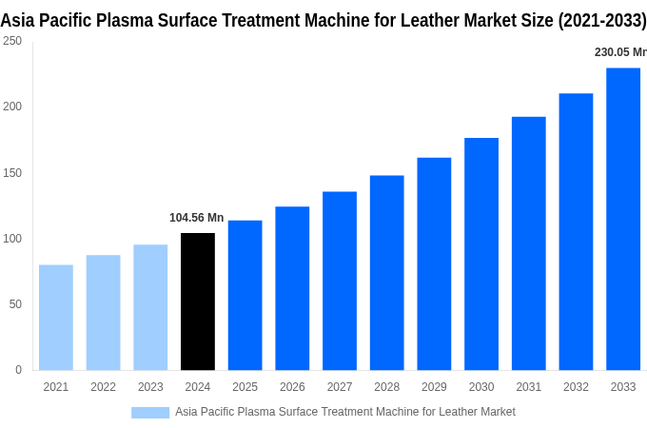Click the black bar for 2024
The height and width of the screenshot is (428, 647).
click(198, 302)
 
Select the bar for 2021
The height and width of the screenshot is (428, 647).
click(56, 317)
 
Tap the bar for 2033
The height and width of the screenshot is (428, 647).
click(623, 219)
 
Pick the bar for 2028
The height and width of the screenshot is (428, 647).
click(387, 272)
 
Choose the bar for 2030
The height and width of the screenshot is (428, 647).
click(481, 254)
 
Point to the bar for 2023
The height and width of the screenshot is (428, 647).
click(150, 307)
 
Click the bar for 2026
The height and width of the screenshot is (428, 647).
click(292, 288)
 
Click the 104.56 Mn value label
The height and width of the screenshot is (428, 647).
click(196, 218)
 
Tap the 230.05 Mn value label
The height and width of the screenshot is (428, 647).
click(619, 52)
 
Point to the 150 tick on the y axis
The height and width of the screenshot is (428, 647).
click(12, 172)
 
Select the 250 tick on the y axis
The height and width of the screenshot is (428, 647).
click(12, 41)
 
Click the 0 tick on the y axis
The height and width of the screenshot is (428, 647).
click(18, 370)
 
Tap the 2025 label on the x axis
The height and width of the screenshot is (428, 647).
click(245, 387)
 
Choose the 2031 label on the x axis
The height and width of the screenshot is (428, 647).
click(528, 387)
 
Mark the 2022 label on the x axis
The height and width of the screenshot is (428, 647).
click(103, 387)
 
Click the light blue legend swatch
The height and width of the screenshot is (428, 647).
click(150, 412)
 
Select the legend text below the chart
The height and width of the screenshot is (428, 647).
click(344, 412)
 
